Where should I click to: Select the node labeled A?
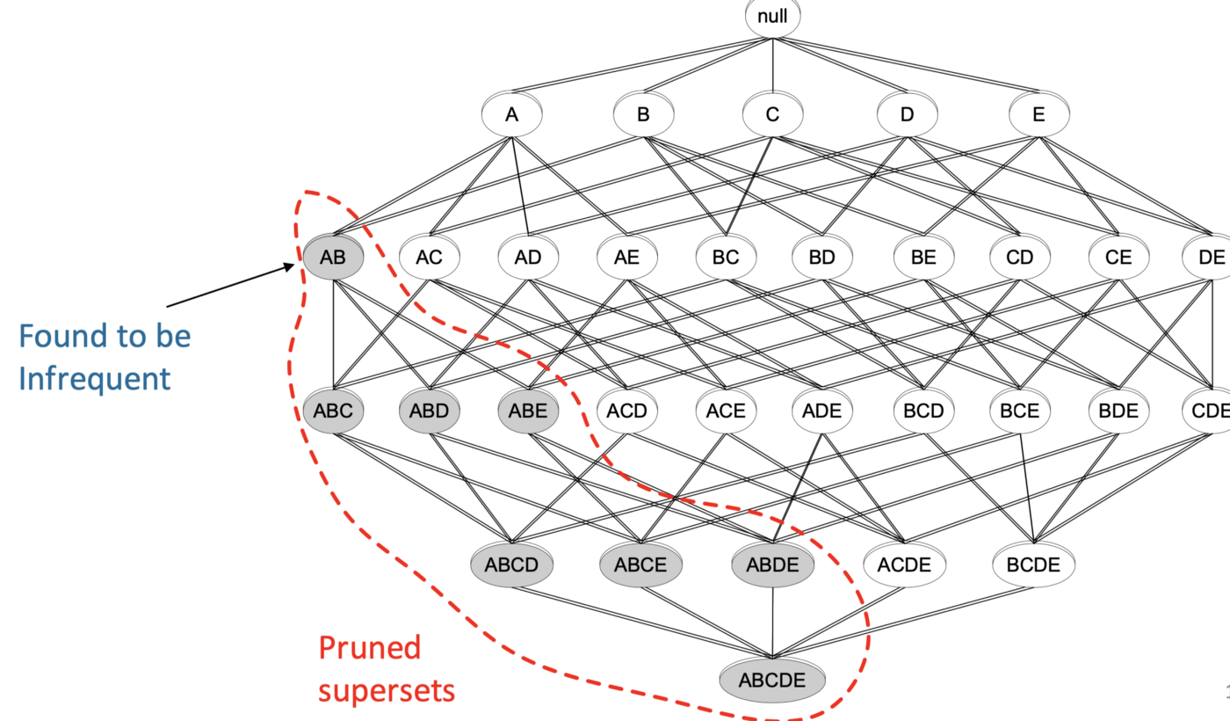coord(511,114)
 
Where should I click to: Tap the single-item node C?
coord(772,114)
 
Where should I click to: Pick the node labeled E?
coord(1038,114)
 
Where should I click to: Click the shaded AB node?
coord(333,258)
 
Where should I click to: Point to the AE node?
coord(626,258)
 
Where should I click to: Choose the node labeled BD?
coord(821,258)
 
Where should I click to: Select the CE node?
coord(1118,258)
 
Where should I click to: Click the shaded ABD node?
coord(429,411)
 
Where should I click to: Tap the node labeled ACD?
coord(626,411)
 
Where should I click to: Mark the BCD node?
coord(922,411)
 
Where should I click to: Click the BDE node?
coord(1118,411)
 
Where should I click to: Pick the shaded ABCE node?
coord(641,564)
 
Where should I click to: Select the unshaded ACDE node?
coord(904,564)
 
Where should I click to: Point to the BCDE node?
coord(1033,564)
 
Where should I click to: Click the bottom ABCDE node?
coord(772,681)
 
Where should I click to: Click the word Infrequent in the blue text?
coord(94,379)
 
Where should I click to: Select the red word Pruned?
coord(369,648)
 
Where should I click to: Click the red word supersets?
coord(387,690)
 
